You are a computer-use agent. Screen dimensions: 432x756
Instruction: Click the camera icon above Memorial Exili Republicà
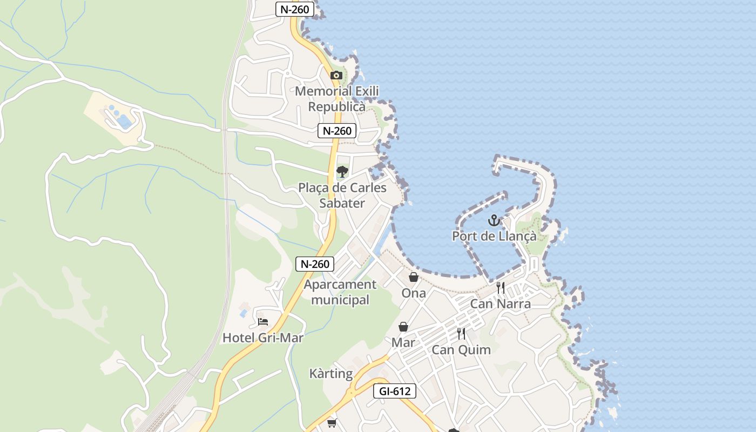336,75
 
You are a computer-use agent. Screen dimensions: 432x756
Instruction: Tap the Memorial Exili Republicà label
337,99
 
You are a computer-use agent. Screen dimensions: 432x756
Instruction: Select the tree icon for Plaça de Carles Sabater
342,172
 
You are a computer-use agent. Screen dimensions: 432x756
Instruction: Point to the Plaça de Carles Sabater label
342,195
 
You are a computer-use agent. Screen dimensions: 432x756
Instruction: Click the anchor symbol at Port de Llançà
494,220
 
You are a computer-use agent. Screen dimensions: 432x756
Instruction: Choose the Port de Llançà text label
494,236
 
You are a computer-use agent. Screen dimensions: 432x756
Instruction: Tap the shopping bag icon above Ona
414,277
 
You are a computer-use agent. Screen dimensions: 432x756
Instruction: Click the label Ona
414,293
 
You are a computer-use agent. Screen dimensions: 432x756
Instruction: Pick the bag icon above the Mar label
403,327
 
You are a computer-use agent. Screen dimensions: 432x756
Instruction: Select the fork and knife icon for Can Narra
501,288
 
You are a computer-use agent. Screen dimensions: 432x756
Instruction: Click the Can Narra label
501,303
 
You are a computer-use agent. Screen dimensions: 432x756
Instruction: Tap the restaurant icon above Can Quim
461,334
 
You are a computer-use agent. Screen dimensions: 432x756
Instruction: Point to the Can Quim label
461,349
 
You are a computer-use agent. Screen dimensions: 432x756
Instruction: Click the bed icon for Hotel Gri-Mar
263,322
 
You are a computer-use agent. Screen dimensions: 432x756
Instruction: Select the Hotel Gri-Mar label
263,338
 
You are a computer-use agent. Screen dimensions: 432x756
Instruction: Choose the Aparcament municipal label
340,292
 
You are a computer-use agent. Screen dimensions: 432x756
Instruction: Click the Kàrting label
331,374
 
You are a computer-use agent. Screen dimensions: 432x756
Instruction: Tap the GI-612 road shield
395,391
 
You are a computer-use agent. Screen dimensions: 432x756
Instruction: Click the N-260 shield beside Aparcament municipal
315,264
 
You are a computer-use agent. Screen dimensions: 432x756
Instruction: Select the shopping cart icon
332,423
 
